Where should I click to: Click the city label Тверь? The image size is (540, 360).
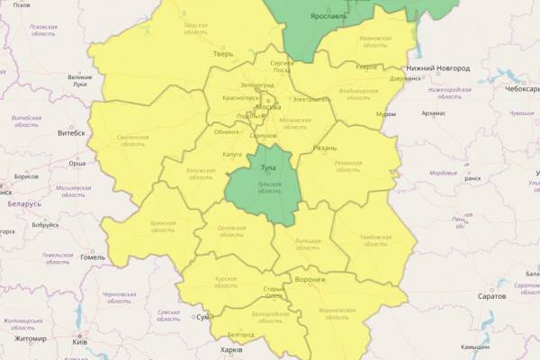[x=222, y=54]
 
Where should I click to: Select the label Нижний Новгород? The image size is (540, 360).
[x=439, y=67]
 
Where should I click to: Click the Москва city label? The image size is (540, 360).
[x=268, y=107]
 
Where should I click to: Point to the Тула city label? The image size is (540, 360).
[x=267, y=168]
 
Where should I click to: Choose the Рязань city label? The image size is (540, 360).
[x=325, y=148]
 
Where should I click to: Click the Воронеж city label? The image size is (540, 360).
[x=310, y=279]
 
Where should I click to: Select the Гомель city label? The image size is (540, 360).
[x=93, y=256]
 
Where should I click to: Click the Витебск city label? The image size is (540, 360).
[x=70, y=133]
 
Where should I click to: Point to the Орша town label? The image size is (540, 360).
[x=77, y=164]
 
